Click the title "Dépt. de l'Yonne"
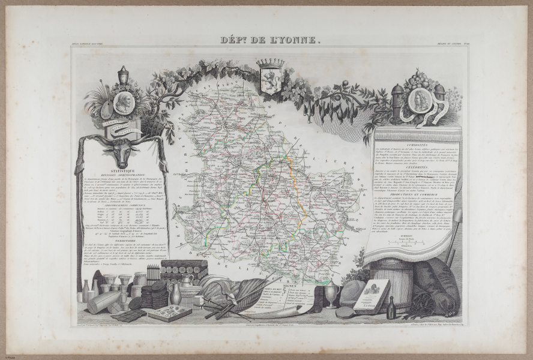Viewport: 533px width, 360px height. click(266, 41)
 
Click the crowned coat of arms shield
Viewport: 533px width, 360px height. click(270, 76)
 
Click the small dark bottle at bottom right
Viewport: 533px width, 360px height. click(391, 308)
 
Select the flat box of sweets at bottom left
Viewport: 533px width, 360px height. click(169, 313)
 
